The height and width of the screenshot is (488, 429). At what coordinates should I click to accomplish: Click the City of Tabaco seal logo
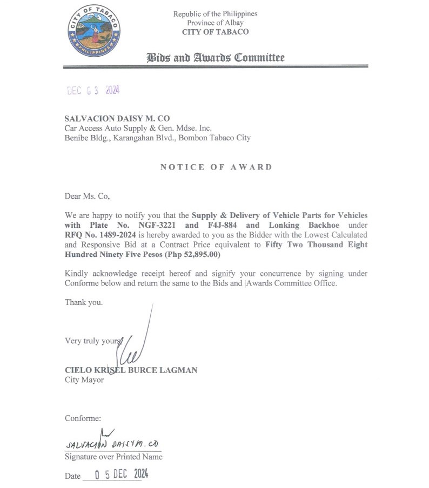[x=95, y=32]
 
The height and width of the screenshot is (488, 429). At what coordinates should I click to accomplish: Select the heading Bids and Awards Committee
[x=216, y=58]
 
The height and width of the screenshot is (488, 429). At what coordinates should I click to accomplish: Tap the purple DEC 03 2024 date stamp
[x=93, y=91]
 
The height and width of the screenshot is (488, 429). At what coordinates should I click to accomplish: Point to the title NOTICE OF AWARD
[x=216, y=167]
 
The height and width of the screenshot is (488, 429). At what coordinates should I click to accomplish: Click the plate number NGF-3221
[x=157, y=225]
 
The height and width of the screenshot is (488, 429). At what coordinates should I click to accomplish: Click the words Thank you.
[x=84, y=302]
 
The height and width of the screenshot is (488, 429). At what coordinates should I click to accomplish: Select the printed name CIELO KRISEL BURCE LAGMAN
[x=131, y=370]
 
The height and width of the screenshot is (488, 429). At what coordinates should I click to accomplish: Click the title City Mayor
[x=84, y=379]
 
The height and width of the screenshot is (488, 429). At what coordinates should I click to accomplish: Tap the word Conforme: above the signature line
[x=83, y=418]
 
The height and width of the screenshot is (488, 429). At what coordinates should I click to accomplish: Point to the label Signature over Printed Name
[x=113, y=457]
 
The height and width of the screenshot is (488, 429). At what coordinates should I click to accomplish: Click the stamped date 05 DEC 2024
[x=121, y=475]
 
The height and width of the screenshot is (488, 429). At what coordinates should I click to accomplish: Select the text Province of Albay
[x=215, y=23]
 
